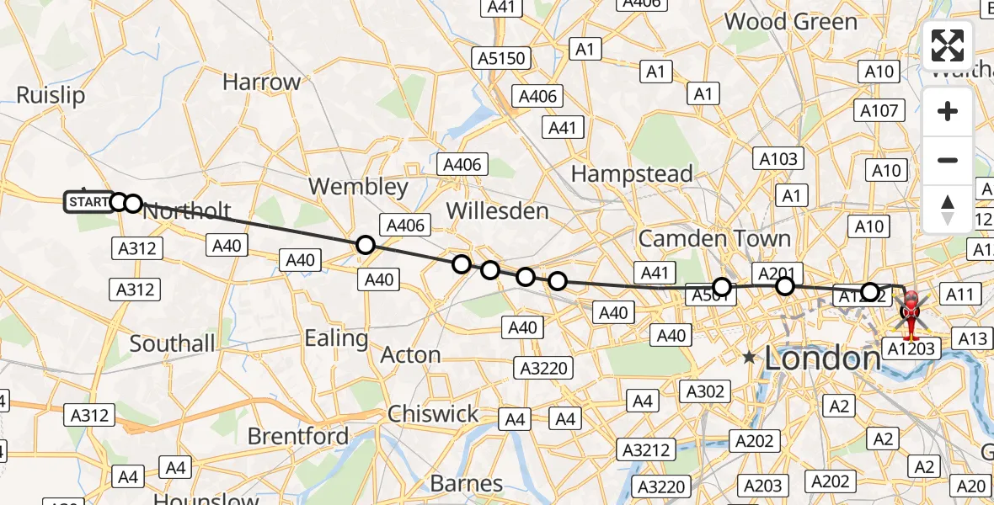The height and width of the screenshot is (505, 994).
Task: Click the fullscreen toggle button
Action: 948,45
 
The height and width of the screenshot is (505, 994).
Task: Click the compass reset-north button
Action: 948,209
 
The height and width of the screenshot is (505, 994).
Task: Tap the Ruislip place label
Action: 50,95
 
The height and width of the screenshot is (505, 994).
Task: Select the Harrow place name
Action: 261,82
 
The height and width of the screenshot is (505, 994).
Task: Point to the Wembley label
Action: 358,186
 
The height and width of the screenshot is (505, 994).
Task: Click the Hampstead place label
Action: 632,174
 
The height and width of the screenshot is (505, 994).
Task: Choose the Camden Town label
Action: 714,238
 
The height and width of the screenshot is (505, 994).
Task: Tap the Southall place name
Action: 172,343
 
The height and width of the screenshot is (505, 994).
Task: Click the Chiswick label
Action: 433,414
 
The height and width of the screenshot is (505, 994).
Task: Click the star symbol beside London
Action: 749,358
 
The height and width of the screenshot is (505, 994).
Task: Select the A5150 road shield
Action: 501,59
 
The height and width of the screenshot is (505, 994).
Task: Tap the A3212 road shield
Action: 647,449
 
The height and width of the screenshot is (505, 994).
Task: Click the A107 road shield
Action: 880,110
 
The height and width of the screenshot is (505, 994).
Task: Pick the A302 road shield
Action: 703,391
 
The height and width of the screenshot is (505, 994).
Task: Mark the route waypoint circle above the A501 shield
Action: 722,287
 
